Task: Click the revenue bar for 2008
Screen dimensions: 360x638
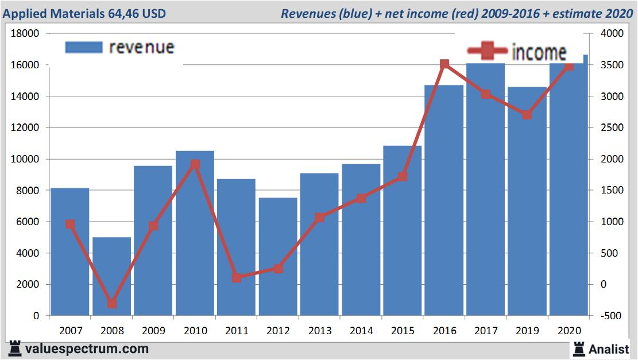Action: point(112,276)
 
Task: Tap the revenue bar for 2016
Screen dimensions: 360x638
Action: point(444,201)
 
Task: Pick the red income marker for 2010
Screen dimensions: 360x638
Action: point(195,164)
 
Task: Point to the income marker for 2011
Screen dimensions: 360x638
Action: point(237,278)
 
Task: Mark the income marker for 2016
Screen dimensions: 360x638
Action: point(444,64)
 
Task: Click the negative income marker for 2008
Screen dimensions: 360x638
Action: point(112,303)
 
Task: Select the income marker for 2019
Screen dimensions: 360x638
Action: point(527,115)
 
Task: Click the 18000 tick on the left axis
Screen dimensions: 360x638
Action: point(25,33)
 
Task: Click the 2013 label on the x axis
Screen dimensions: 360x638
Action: point(320,331)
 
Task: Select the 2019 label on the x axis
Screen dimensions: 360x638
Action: point(527,331)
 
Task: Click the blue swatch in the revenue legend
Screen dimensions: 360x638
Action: point(84,47)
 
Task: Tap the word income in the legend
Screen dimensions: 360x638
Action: point(539,52)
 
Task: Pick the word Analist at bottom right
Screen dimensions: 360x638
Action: point(609,348)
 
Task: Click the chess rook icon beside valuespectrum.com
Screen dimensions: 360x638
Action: point(16,348)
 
